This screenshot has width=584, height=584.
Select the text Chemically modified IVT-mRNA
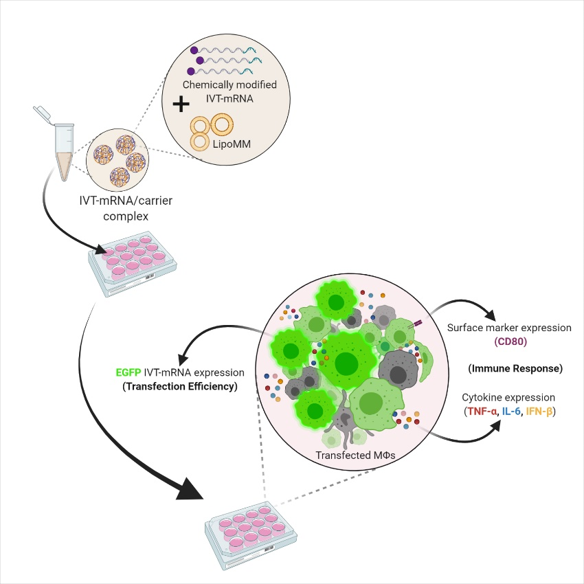pos(221,91)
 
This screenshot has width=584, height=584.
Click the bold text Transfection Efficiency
pos(179,387)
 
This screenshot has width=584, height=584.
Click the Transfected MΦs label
pos(350,455)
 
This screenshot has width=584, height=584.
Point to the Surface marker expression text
pos(509,328)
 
